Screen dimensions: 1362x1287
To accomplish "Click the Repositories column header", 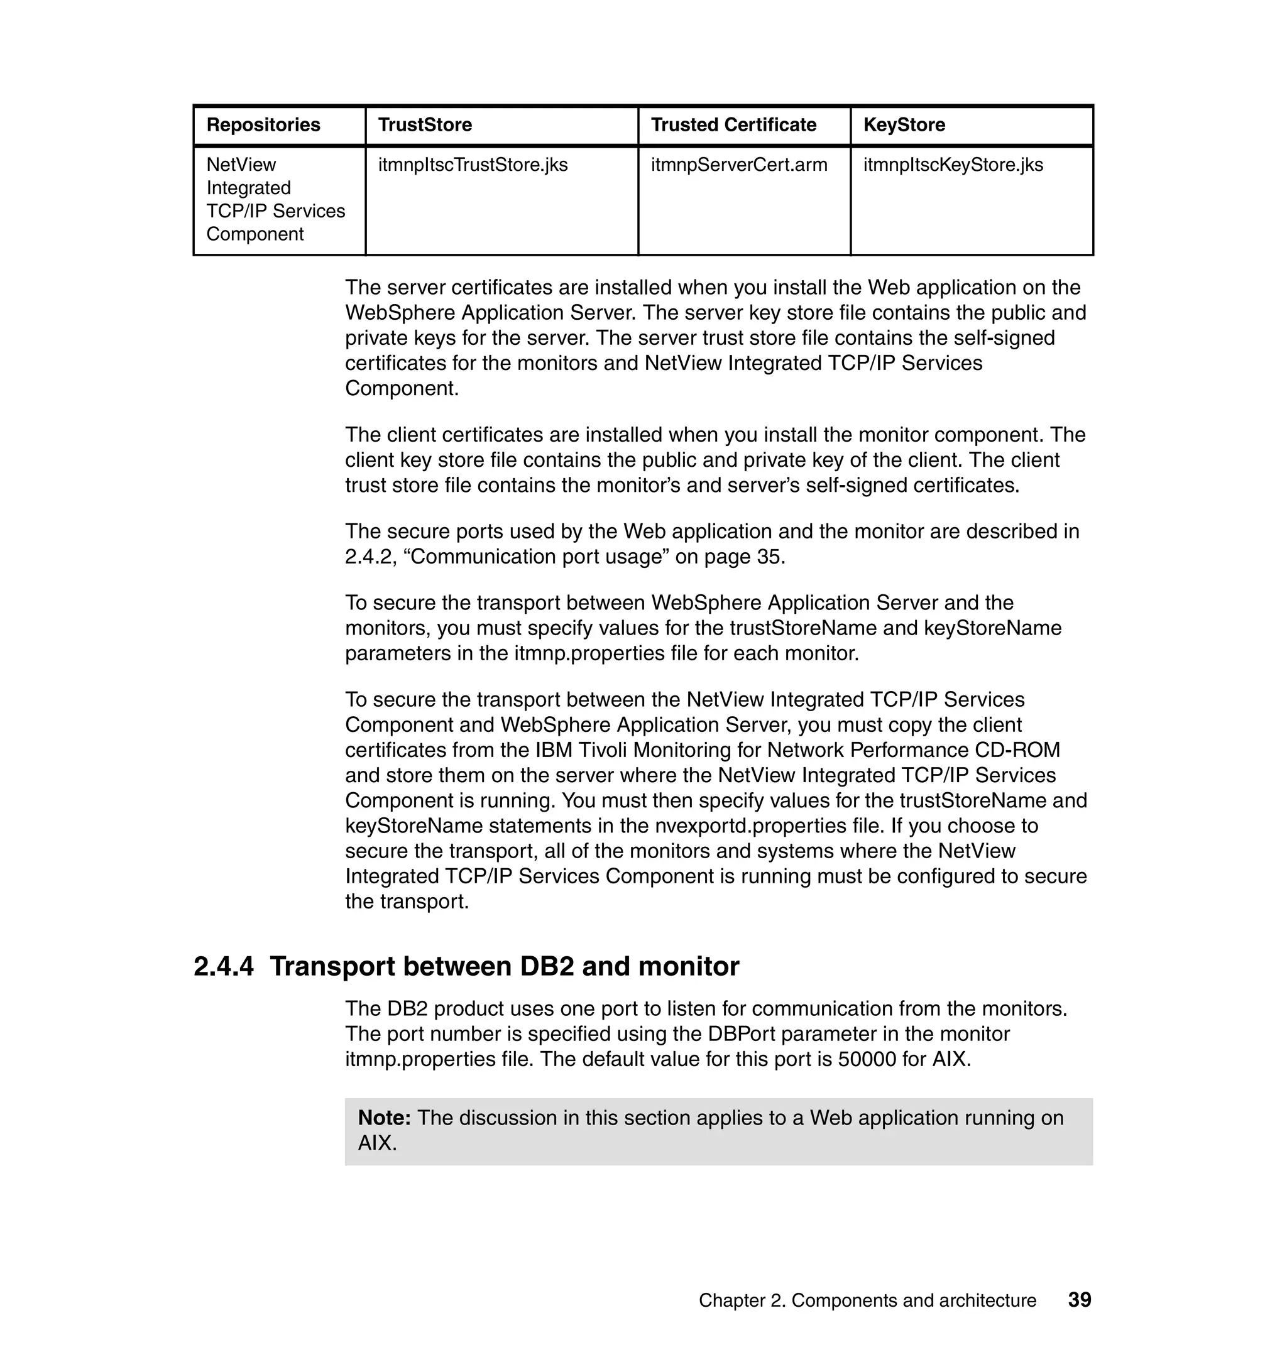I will [263, 125].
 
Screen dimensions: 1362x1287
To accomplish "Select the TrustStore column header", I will [425, 125].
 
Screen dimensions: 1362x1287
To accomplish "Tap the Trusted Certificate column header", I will [733, 125].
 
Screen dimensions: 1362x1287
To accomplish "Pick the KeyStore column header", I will [904, 125].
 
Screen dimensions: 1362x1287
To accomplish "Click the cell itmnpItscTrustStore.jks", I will [473, 165].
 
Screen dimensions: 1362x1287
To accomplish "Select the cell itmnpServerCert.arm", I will [739, 165].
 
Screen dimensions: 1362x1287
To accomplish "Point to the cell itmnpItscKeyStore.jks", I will [953, 165].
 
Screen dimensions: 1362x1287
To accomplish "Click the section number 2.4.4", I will [224, 967].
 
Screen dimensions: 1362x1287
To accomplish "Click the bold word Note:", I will [384, 1118].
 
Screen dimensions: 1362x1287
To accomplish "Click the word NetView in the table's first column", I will [241, 165].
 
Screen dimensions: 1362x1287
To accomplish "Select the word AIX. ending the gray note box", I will [377, 1144].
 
